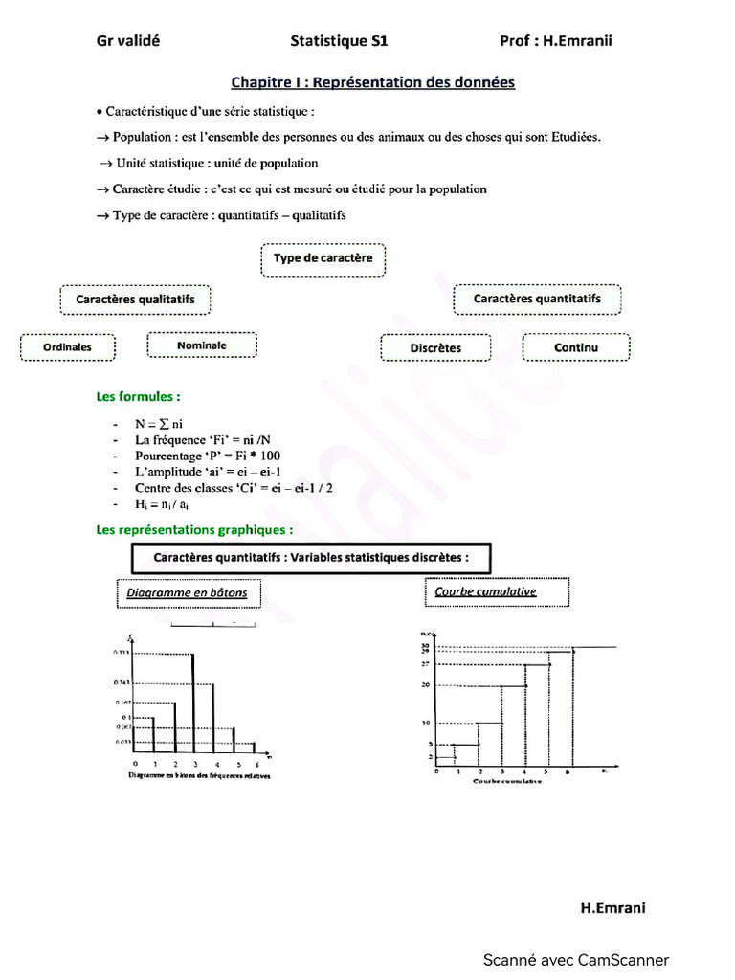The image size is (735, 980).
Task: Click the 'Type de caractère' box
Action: point(323,259)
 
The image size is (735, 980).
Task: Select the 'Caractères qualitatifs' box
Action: point(135,300)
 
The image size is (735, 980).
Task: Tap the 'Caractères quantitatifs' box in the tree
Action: point(537,300)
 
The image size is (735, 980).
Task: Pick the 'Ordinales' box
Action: point(68,347)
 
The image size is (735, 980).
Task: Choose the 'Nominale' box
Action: point(202,345)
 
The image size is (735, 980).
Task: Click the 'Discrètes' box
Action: point(435,348)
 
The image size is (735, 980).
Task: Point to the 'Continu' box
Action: point(576,347)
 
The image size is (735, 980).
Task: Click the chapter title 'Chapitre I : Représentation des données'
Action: point(372,83)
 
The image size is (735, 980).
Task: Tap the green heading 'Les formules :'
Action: point(138,396)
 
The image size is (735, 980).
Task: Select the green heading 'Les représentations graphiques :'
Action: point(194,529)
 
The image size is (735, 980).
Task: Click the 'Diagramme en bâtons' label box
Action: point(187,593)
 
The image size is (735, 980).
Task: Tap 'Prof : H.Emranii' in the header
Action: point(555,41)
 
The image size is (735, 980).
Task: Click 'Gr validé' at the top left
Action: point(128,41)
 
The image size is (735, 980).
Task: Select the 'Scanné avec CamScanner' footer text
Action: point(575,960)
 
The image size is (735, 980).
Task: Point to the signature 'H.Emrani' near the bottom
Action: point(612,908)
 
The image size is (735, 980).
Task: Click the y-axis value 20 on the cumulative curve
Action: point(425,685)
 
